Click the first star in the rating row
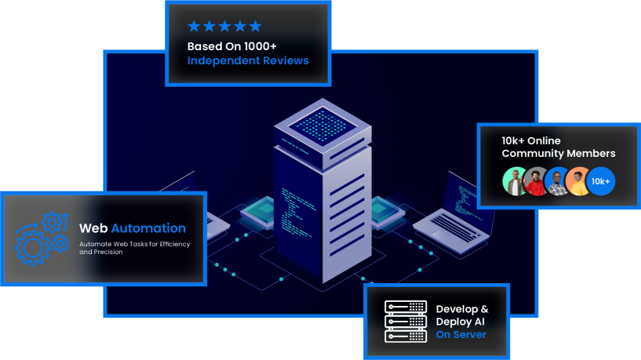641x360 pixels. [194, 26]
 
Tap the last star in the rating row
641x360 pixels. [255, 26]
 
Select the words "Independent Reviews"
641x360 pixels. [248, 60]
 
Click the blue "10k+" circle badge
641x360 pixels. [601, 181]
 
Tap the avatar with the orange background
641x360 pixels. [577, 181]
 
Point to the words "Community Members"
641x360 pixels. [559, 153]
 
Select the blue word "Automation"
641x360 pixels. [148, 228]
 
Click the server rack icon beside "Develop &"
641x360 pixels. [405, 321]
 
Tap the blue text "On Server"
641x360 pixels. [461, 335]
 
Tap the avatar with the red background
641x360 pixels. [536, 181]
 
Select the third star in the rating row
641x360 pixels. [224, 26]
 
